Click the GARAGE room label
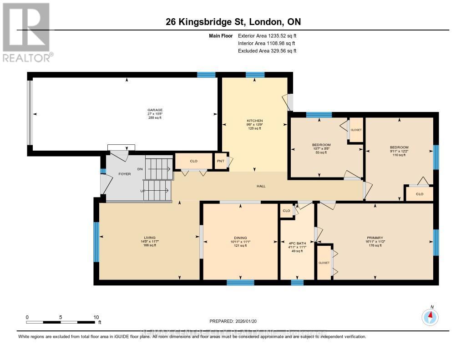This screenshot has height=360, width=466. [x=155, y=110]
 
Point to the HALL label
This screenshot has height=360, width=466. [x=261, y=186]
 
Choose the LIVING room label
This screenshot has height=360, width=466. [x=150, y=238]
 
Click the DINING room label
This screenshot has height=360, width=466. [x=240, y=238]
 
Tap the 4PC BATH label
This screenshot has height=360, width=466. [x=297, y=243]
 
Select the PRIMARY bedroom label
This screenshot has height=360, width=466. [x=375, y=238]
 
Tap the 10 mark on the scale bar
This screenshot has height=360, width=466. [x=96, y=317]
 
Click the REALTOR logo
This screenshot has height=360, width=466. [x=26, y=32]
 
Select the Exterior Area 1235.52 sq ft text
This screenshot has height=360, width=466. [x=267, y=35]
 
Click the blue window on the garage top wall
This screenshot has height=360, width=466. [x=206, y=75]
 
